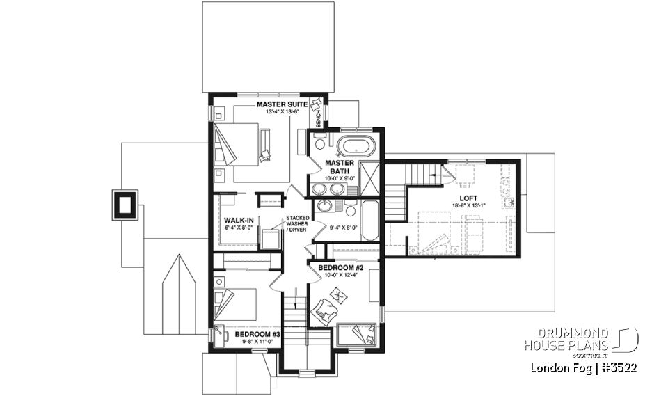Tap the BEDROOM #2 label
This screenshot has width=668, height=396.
coord(341,267)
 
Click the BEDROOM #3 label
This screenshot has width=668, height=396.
coord(257,335)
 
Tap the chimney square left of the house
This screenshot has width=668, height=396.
coord(125,205)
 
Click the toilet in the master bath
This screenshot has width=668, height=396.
coord(319,144)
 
